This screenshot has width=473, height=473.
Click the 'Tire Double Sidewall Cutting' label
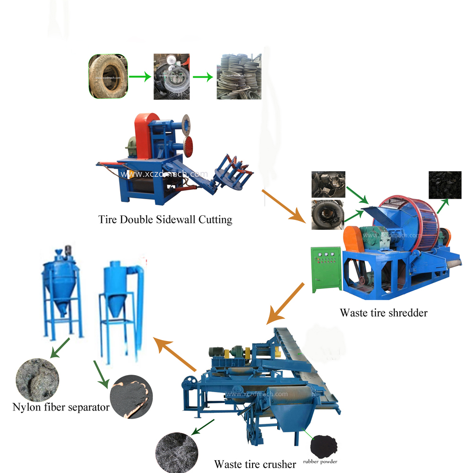(x=165, y=219)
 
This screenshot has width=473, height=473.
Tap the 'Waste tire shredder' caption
(x=383, y=312)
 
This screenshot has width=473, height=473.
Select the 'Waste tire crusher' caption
(x=255, y=464)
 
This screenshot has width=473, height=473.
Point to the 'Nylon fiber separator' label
(x=61, y=407)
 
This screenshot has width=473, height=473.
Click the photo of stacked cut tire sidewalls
(x=238, y=77)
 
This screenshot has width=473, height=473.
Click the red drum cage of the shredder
(x=416, y=213)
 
